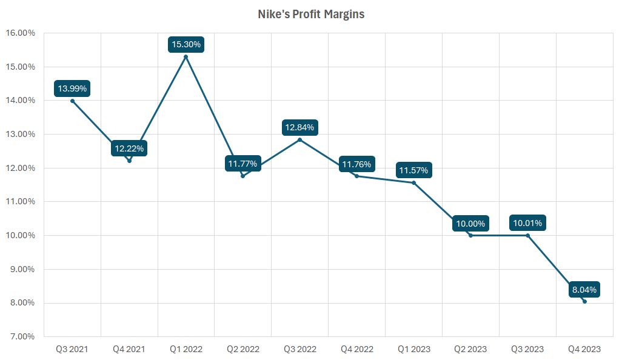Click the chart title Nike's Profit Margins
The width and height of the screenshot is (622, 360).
(x=310, y=14)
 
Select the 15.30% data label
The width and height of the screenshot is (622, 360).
(x=186, y=44)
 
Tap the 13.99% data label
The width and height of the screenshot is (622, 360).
(x=72, y=88)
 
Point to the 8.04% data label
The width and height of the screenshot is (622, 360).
(x=584, y=290)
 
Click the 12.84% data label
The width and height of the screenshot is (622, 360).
(x=299, y=127)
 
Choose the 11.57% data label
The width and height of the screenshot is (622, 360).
(x=413, y=170)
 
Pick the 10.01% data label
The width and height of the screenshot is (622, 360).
(x=527, y=223)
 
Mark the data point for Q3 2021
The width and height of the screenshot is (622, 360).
(x=72, y=101)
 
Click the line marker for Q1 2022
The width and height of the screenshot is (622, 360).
(x=186, y=57)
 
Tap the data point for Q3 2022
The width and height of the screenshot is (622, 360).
(x=299, y=140)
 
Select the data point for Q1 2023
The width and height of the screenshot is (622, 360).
(x=413, y=183)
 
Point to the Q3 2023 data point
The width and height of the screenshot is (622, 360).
(x=527, y=235)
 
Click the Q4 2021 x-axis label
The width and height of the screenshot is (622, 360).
(x=129, y=349)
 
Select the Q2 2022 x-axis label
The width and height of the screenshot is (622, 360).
(x=242, y=349)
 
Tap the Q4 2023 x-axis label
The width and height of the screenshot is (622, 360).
(x=584, y=349)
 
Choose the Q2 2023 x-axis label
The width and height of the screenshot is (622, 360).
(x=470, y=349)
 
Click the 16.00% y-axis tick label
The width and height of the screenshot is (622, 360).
(x=20, y=33)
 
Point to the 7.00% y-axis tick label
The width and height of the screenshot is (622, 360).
(x=21, y=336)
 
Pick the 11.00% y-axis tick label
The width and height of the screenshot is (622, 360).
(x=20, y=201)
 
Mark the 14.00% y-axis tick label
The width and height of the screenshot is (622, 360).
(x=20, y=100)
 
